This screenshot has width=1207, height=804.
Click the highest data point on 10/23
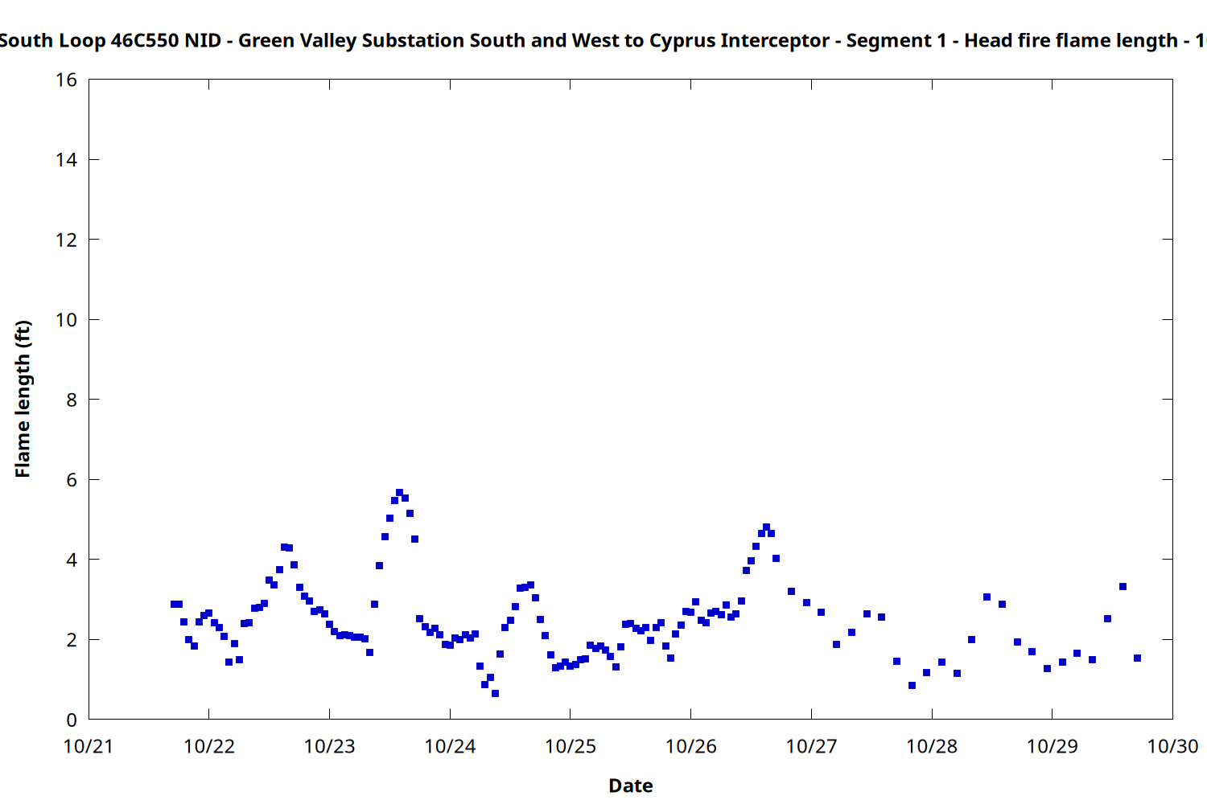click(399, 492)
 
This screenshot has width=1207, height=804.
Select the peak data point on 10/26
click(766, 527)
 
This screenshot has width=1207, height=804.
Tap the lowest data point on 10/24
click(495, 693)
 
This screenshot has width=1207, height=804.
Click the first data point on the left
click(174, 604)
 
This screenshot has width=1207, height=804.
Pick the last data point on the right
click(1137, 658)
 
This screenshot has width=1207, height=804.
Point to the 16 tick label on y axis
click(66, 80)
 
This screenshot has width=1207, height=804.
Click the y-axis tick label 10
click(66, 320)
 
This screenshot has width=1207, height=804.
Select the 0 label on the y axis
click(72, 720)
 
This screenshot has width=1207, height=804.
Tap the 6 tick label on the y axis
click(72, 480)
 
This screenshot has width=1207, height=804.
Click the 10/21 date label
click(89, 746)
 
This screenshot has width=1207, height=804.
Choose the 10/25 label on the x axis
click(571, 746)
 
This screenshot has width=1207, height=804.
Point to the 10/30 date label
click(1172, 746)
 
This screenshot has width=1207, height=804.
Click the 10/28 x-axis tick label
click(932, 746)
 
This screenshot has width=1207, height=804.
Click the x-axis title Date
click(630, 786)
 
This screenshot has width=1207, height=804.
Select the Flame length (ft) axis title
click(23, 399)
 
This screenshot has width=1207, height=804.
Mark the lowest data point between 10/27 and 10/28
click(912, 685)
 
